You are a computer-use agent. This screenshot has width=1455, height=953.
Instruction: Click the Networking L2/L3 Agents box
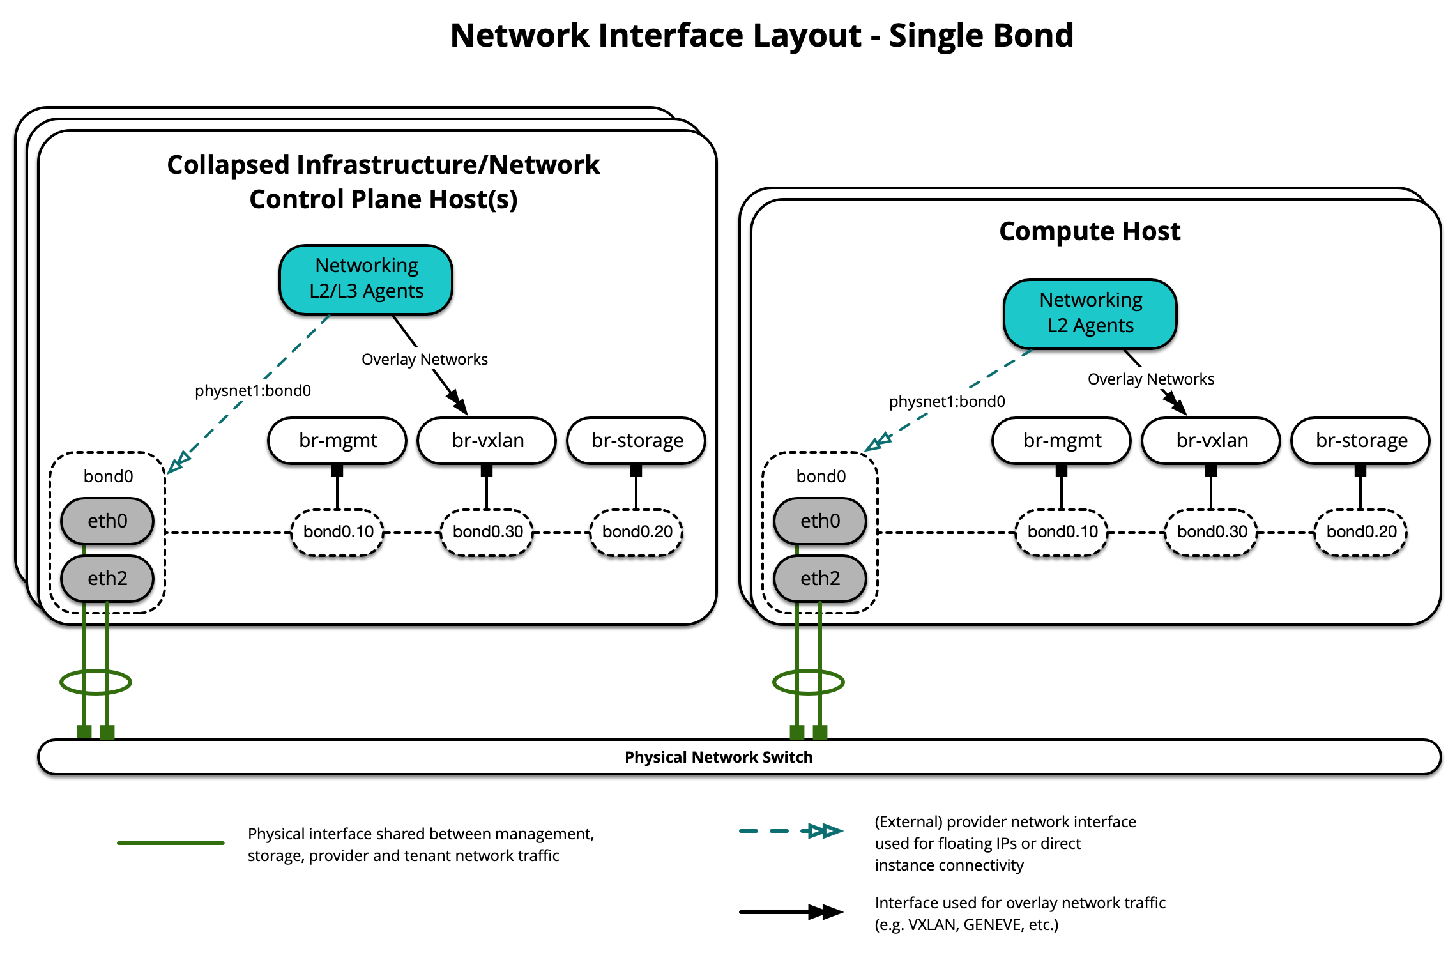tap(366, 279)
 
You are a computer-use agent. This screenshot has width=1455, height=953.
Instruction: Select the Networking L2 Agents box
tap(1090, 313)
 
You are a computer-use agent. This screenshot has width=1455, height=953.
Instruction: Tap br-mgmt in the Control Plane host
tap(337, 440)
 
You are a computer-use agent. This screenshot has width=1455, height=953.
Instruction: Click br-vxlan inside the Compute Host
tap(1211, 440)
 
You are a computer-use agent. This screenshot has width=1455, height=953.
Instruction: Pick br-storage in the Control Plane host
tap(636, 440)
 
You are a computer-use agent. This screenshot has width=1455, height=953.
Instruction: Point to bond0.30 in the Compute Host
tap(1211, 531)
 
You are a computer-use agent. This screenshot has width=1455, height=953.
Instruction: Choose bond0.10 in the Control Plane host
tap(338, 531)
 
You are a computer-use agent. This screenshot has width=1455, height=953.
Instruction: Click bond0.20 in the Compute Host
tap(1360, 531)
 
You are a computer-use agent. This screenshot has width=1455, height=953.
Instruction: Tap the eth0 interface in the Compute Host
tap(820, 521)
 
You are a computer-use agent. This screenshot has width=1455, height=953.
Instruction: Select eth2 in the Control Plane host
tap(107, 578)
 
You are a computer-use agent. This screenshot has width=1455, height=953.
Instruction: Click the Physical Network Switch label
tap(718, 757)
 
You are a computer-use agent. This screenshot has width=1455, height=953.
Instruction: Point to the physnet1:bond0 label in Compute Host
tap(947, 401)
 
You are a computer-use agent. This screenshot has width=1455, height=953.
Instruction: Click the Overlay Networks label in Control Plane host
tap(424, 359)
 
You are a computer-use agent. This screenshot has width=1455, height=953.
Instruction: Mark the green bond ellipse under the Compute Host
tap(808, 682)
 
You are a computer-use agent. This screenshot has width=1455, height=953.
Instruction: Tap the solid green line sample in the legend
tap(171, 843)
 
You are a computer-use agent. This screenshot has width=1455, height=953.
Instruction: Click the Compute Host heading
tap(1089, 231)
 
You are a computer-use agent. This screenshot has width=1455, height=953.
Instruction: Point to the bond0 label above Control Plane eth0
tap(108, 476)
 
